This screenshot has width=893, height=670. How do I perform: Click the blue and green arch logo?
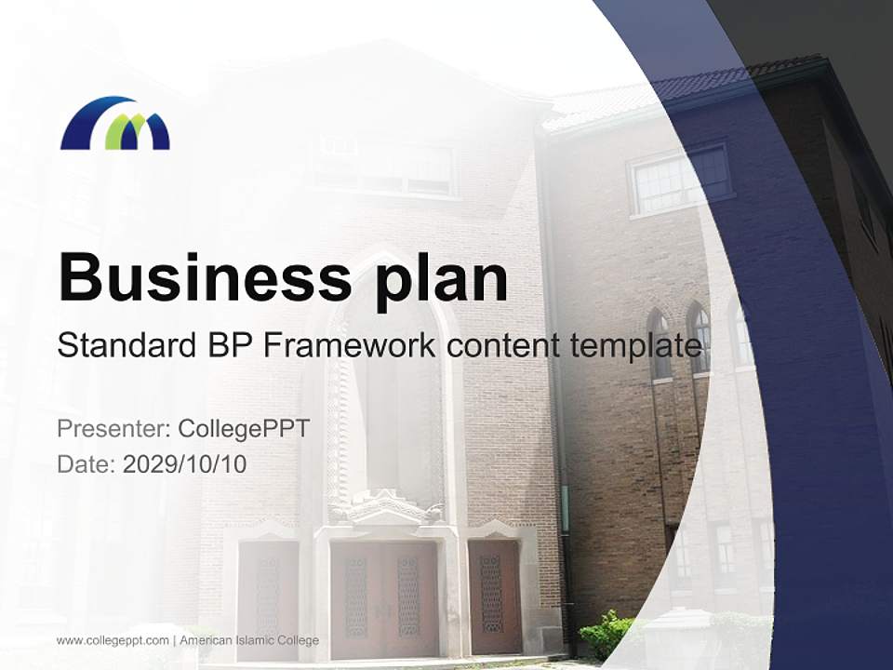(x=114, y=123)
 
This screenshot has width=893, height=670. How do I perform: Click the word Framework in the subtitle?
(x=351, y=346)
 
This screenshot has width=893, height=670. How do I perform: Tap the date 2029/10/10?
(x=185, y=463)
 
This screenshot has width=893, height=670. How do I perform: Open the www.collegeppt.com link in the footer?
(x=113, y=640)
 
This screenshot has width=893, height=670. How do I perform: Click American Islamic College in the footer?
(x=249, y=640)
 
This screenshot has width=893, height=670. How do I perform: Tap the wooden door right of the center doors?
(x=494, y=596)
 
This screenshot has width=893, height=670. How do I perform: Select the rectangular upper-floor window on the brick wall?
(x=679, y=180)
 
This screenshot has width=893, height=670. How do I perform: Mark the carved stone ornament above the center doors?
(x=384, y=508)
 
